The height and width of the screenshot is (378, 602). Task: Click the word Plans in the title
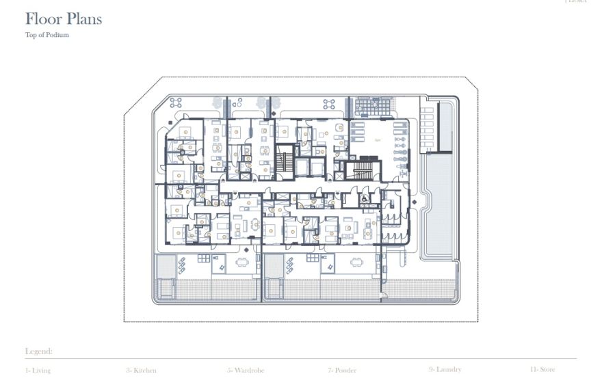coord(83,19)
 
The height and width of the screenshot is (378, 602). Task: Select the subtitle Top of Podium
coord(47,35)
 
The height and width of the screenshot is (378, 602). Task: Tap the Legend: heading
coord(39,351)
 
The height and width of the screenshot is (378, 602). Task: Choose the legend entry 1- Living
coord(38,370)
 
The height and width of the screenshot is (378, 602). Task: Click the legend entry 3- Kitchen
coord(141,370)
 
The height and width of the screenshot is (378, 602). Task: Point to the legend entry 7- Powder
coord(342,370)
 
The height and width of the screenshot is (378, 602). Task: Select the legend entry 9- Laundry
coord(445,369)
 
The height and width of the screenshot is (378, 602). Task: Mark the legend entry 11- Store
coord(542,370)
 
